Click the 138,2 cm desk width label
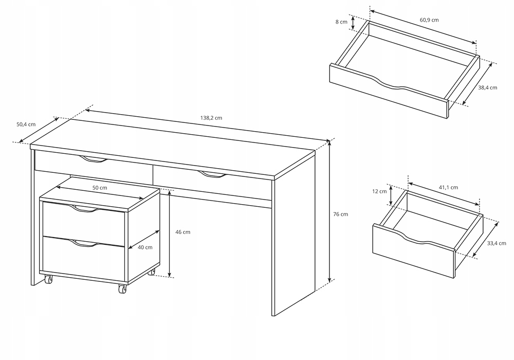[x=211, y=118]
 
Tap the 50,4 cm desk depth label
[x=26, y=124]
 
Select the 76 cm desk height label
[x=340, y=214]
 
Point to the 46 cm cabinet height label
[x=182, y=232]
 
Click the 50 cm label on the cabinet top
[x=100, y=188]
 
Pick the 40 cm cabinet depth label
[x=145, y=247]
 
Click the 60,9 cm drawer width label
[x=429, y=20]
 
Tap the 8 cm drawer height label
[x=340, y=22]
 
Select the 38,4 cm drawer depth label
[x=487, y=88]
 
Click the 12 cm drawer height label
[x=379, y=191]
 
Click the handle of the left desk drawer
[x=94, y=160]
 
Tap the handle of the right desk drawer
[x=212, y=175]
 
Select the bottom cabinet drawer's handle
[x=83, y=243]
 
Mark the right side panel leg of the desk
[x=292, y=242]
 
